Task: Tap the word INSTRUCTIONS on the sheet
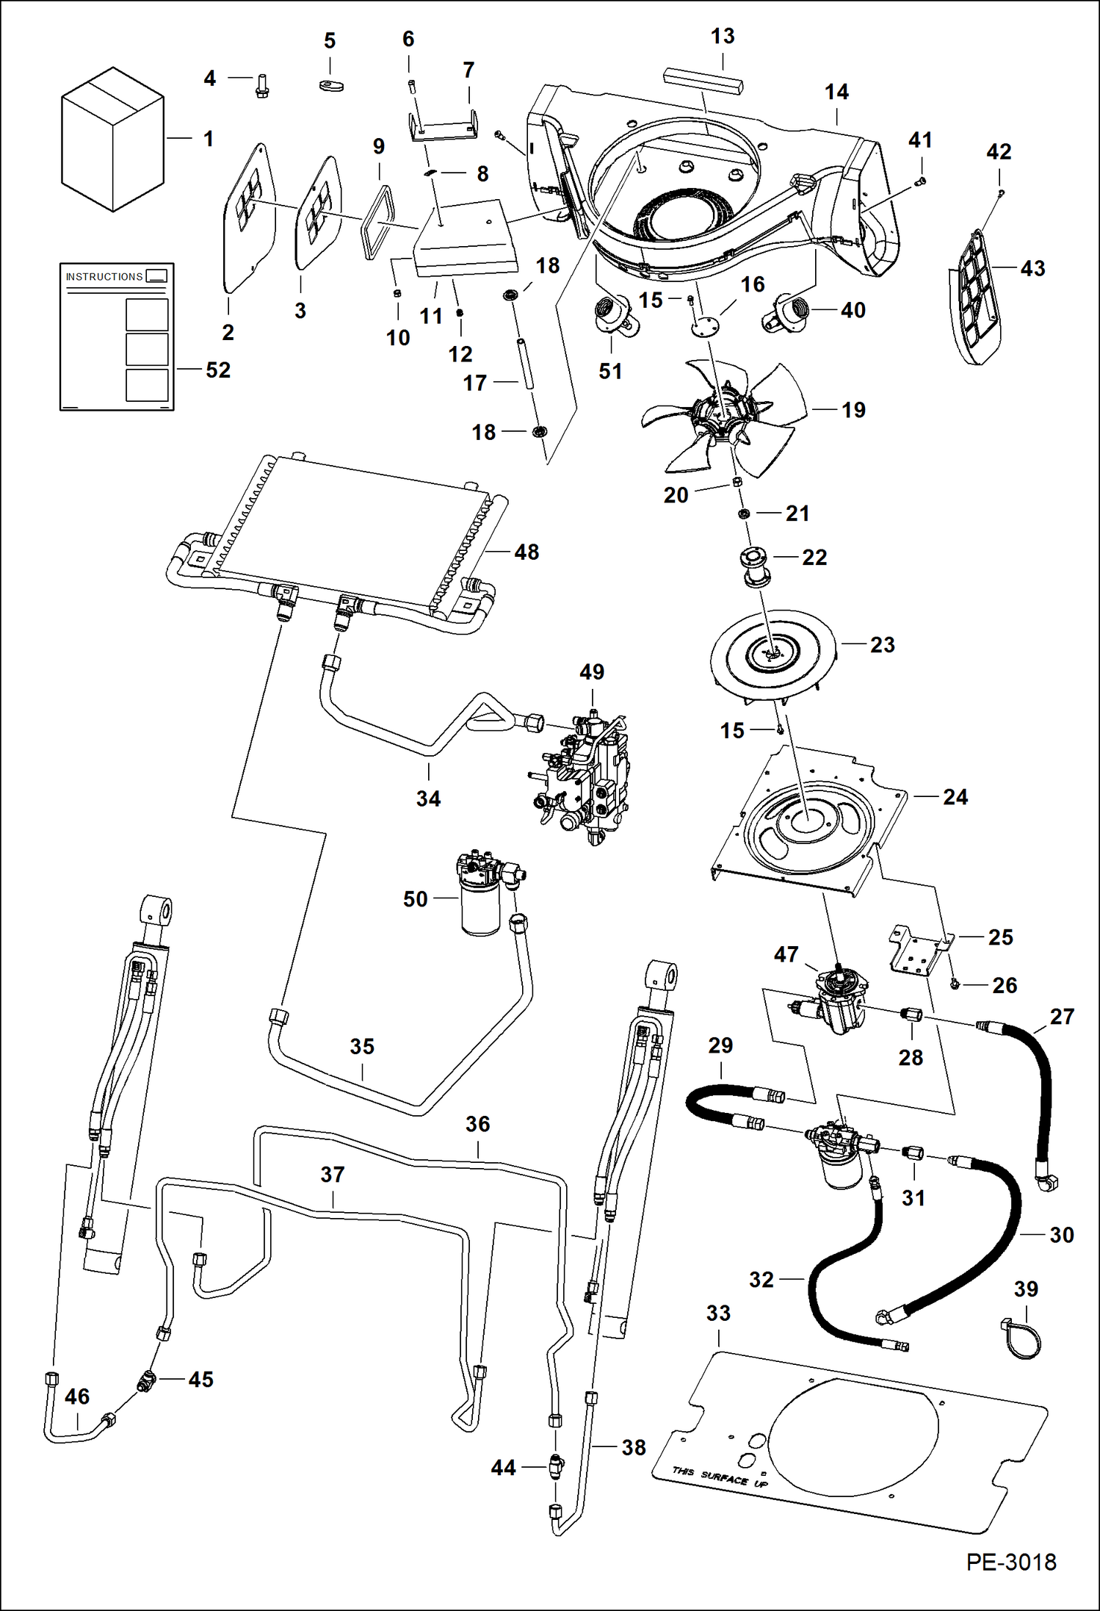pos(104,277)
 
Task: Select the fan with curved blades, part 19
pos(723,417)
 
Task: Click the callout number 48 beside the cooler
pos(527,552)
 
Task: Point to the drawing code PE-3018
pos(1010,1562)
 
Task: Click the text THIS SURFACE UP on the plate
pos(719,1477)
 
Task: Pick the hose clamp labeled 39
pos(1021,1339)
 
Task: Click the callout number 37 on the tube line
pos(332,1175)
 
